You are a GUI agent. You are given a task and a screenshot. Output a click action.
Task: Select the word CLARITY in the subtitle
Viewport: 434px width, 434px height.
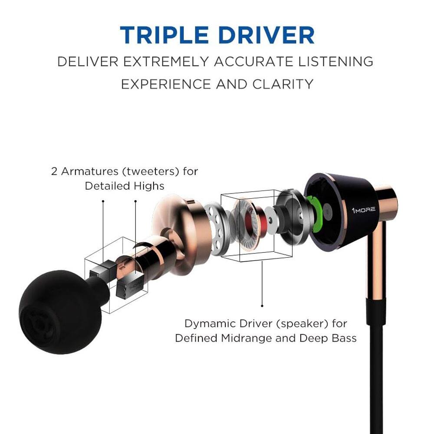[x=284, y=84]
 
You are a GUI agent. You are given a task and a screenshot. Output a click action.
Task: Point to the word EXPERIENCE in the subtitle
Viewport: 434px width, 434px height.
[x=166, y=84]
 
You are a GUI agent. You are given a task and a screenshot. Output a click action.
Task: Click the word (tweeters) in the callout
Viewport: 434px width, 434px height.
[x=149, y=171]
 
